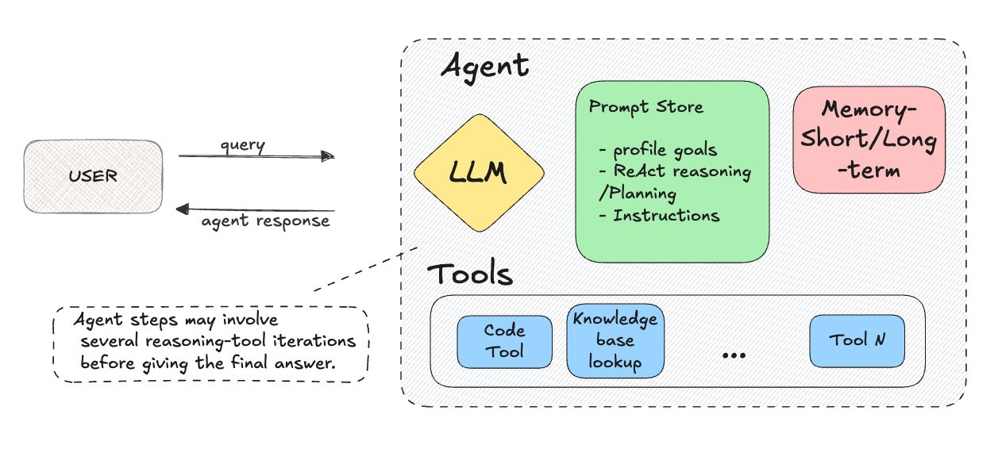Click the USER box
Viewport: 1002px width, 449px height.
point(93,176)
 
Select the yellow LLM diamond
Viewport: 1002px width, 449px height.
point(479,173)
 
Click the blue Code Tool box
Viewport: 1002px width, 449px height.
point(505,342)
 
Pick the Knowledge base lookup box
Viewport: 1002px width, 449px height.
point(615,341)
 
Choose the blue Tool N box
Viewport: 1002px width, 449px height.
point(857,341)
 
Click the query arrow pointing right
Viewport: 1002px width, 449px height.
point(256,157)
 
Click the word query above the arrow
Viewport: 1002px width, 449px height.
point(242,145)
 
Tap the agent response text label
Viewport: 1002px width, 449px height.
point(265,222)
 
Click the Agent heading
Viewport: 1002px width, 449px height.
point(484,66)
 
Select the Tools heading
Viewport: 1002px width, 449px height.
point(470,275)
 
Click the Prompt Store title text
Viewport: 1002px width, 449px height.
point(646,107)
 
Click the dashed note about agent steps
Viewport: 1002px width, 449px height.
point(211,343)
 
